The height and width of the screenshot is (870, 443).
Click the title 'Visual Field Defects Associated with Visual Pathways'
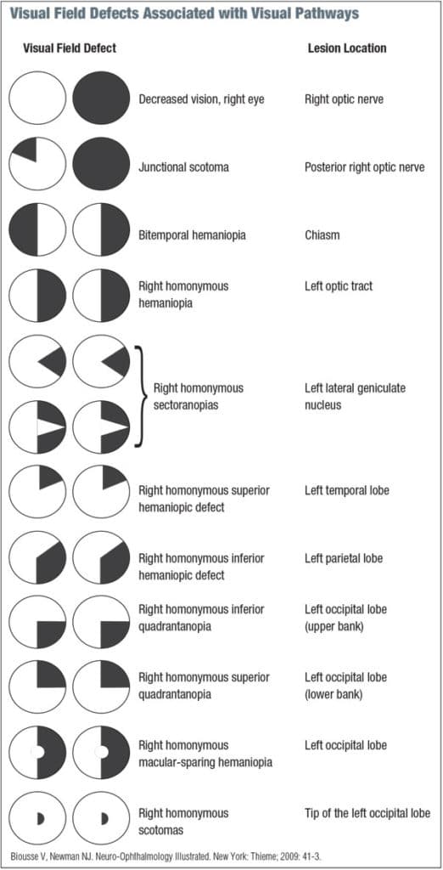(184, 14)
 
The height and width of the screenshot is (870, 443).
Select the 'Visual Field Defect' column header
(70, 48)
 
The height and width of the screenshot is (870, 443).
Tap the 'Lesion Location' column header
(346, 48)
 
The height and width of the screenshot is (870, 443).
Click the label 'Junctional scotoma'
(183, 167)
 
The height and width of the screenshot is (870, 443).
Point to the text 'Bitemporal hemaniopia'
(192, 235)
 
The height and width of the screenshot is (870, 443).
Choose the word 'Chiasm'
(323, 235)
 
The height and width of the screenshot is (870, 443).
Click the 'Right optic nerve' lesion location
(344, 99)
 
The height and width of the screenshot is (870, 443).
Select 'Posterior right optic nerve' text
(365, 167)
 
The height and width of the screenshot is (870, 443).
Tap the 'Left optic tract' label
(339, 286)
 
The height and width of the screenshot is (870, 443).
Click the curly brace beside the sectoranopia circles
(138, 396)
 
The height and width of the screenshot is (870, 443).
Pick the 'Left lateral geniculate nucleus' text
(355, 397)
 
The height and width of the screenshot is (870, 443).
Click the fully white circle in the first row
(37, 99)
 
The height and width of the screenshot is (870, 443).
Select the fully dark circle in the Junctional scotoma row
(101, 163)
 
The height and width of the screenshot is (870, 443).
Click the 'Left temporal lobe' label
(347, 490)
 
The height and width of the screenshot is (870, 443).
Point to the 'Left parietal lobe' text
(344, 558)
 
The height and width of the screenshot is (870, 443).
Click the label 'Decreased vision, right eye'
(202, 99)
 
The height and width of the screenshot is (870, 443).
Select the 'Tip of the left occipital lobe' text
(367, 813)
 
